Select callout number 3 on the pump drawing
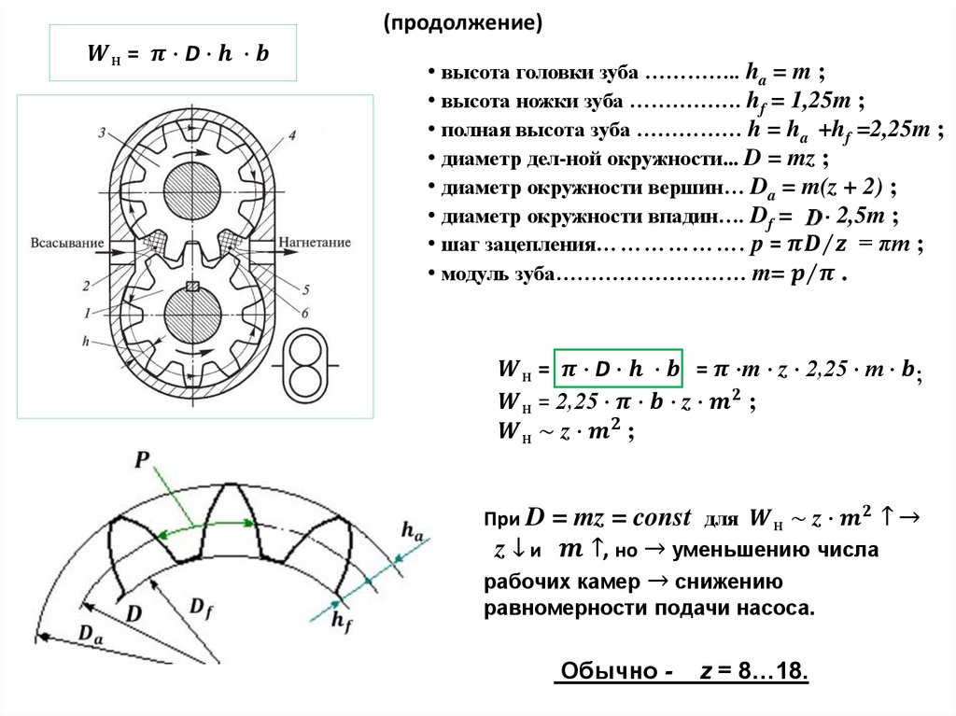[x=101, y=132]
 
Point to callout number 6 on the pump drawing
[x=305, y=311]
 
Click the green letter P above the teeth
[x=143, y=460]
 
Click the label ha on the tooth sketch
[x=412, y=530]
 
